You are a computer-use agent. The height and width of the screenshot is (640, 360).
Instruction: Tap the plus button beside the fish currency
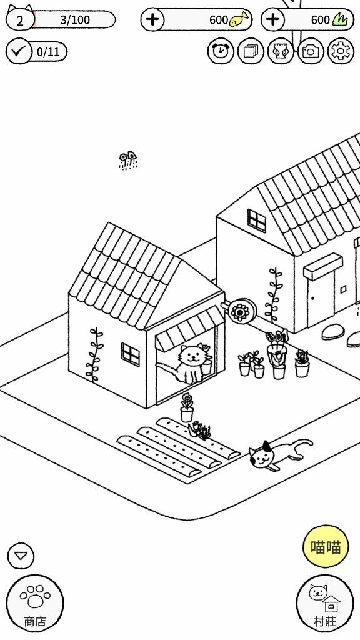(x=152, y=19)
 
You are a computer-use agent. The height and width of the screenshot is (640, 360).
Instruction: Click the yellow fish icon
(x=239, y=19)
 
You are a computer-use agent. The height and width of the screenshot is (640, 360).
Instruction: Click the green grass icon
(x=341, y=19)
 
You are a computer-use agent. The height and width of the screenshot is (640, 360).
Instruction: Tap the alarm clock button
(x=221, y=51)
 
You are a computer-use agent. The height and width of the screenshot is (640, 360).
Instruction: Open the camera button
(x=311, y=51)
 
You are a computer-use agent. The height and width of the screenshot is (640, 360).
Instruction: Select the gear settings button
(x=341, y=51)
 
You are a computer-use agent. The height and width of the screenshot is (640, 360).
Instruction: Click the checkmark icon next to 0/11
(x=18, y=51)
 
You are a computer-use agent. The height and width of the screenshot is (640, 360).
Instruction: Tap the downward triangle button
(x=21, y=556)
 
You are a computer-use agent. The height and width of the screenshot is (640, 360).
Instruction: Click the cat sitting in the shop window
(x=191, y=363)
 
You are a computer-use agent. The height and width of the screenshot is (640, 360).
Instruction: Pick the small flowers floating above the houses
(x=128, y=160)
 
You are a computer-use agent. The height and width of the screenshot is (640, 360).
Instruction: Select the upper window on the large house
(x=256, y=221)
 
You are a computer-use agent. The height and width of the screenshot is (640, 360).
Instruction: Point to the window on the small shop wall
(x=130, y=355)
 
